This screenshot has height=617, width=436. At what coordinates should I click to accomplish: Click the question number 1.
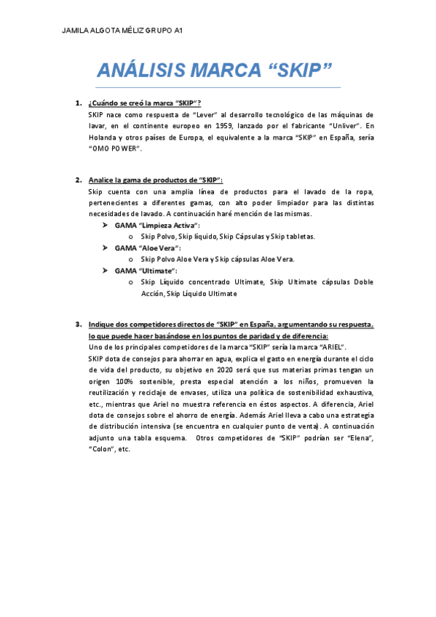point(78,103)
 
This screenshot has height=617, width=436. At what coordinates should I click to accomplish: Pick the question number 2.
point(78,180)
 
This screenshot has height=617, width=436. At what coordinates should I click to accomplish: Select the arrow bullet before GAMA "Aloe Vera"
point(106,248)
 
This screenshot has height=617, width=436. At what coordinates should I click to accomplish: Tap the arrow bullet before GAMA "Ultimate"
point(106,271)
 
